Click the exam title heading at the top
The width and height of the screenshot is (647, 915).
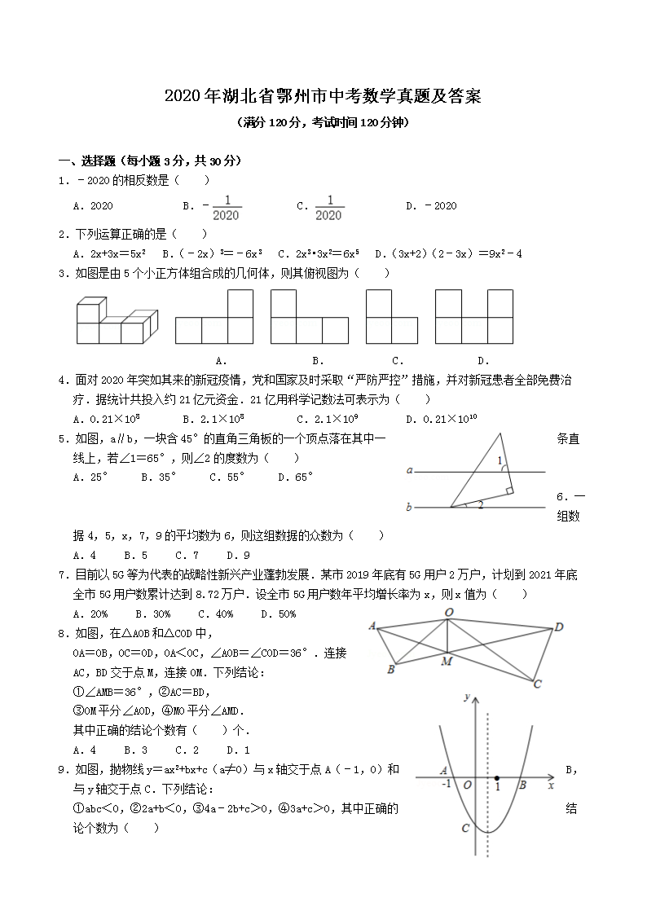tap(323, 97)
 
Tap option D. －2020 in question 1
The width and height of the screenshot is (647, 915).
tap(431, 206)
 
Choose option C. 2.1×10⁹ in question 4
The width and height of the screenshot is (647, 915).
tap(328, 419)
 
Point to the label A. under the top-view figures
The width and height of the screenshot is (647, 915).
tap(220, 360)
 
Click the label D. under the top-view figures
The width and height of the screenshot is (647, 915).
tap(482, 360)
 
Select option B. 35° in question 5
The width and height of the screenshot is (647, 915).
tap(158, 477)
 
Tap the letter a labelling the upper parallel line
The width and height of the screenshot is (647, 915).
tap(410, 470)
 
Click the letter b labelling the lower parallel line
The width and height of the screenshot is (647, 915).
tap(409, 508)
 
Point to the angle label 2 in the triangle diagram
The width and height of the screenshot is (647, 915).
tap(481, 505)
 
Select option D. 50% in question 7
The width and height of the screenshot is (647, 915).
tap(278, 614)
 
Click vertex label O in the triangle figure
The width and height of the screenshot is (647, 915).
tap(448, 612)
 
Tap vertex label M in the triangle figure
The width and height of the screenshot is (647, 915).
tap(447, 661)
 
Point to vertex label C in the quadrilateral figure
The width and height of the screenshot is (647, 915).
tap(537, 684)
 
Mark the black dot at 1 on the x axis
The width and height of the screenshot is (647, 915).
tap(497, 777)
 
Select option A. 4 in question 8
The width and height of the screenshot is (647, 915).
tap(85, 750)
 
